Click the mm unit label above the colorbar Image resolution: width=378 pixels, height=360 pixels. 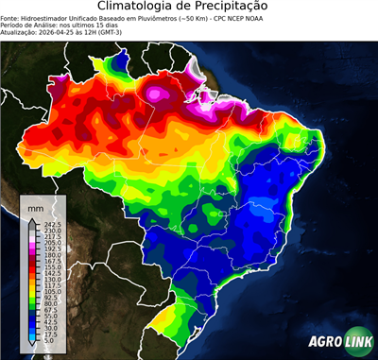pyautogui.click(x=36, y=206)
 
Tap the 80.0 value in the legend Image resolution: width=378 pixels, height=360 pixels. pyautogui.click(x=50, y=304)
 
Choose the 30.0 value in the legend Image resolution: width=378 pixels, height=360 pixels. pyautogui.click(x=50, y=329)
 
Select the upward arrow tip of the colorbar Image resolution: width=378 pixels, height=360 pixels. pyautogui.click(x=32, y=218)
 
